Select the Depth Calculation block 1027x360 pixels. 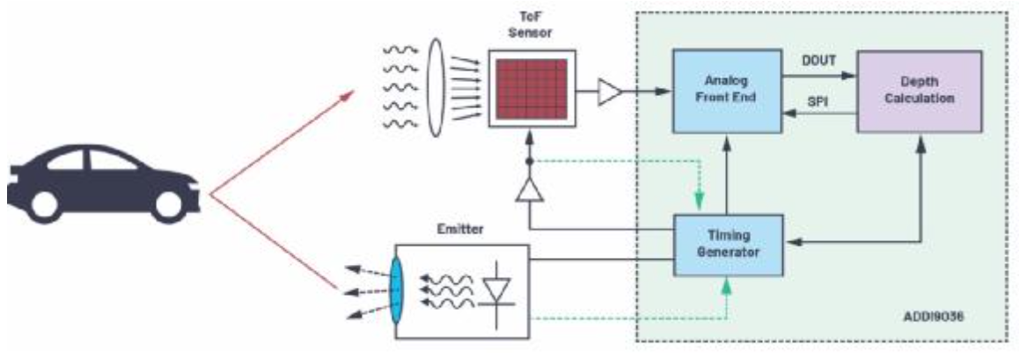(919, 92)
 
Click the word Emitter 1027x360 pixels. (458, 230)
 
